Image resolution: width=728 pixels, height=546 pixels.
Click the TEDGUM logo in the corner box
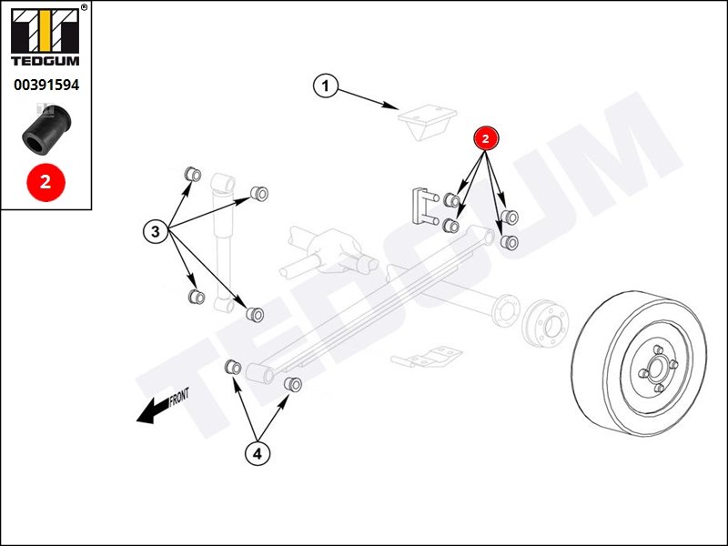(45, 37)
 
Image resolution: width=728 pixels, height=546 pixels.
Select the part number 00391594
(46, 85)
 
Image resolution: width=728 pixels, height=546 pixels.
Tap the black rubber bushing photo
(47, 129)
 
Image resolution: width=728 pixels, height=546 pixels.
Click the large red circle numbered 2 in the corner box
(45, 182)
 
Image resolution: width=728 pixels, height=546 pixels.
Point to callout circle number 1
(326, 86)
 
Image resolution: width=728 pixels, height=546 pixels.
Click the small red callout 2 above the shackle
(486, 138)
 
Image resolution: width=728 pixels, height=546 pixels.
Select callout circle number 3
(156, 231)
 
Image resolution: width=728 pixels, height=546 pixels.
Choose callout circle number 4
(258, 453)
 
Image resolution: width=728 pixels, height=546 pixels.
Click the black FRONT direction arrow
(152, 410)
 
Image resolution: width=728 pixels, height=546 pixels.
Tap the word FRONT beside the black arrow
(179, 397)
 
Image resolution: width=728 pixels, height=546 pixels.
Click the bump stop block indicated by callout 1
(427, 122)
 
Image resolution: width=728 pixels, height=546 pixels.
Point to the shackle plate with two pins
(424, 207)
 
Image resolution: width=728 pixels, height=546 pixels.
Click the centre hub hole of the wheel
(655, 369)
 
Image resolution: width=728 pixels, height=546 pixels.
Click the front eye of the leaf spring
(260, 373)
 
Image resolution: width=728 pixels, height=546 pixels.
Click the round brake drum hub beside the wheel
(546, 323)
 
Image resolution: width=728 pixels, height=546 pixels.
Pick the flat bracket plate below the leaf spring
(426, 357)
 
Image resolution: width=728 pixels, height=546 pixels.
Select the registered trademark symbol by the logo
(84, 7)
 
